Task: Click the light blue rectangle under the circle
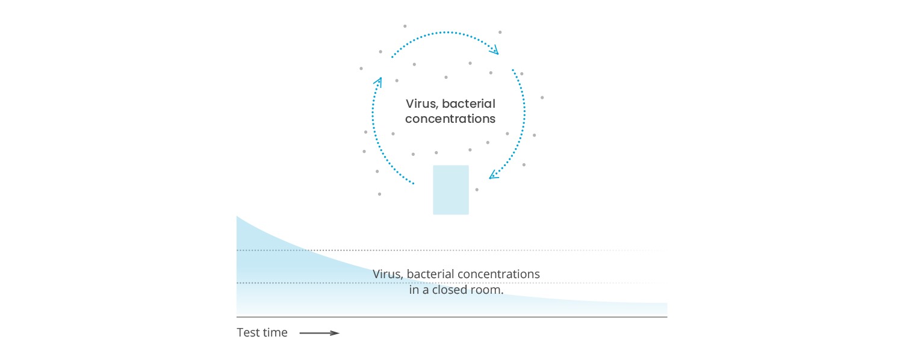(x=451, y=190)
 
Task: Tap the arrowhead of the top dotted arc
(x=495, y=49)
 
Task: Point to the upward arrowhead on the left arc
(x=378, y=82)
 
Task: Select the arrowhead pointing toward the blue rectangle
(x=494, y=175)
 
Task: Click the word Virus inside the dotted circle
(x=421, y=104)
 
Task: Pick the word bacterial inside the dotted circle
(x=468, y=104)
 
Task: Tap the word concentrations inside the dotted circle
(x=450, y=119)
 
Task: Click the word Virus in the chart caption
(x=388, y=274)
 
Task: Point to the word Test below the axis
(x=247, y=332)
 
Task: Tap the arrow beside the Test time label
(x=319, y=333)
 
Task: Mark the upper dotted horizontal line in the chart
(x=451, y=250)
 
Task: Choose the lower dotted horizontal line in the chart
(x=451, y=283)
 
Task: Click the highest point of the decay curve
(x=237, y=217)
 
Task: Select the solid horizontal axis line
(x=452, y=317)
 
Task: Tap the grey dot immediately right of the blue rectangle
(x=477, y=190)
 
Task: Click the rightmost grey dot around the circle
(x=542, y=98)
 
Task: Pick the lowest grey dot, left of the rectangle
(x=379, y=194)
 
